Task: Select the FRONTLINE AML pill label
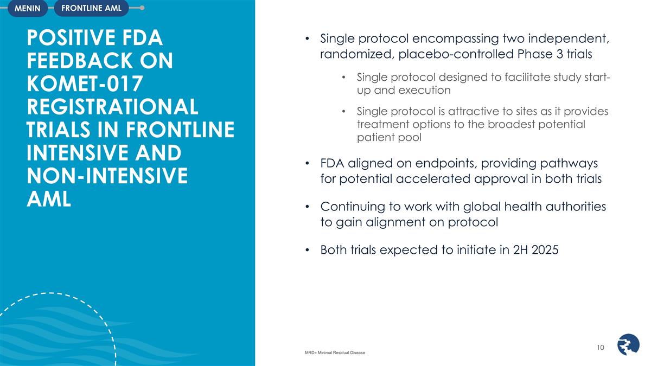point(91,8)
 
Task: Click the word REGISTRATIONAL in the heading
point(112,107)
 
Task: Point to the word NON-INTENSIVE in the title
point(107,176)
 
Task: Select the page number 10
point(600,347)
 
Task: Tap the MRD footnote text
point(335,353)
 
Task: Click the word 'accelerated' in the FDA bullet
point(461,179)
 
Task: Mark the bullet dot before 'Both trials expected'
point(307,251)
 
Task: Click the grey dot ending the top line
point(142,8)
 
